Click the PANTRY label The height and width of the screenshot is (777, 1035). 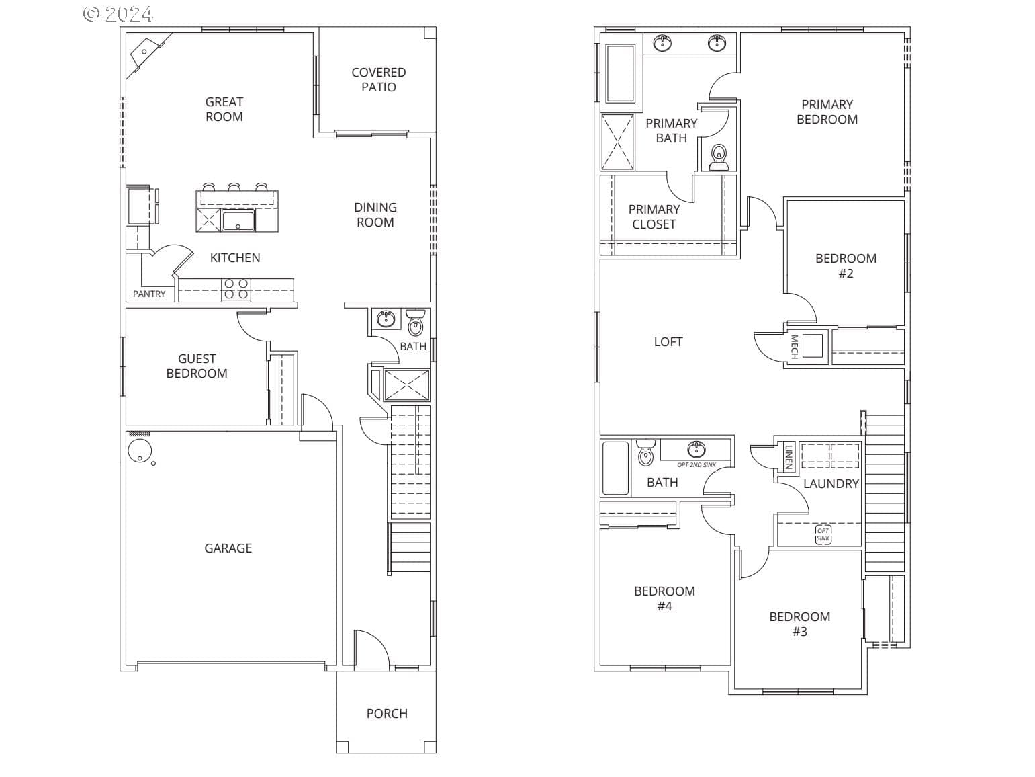click(x=149, y=294)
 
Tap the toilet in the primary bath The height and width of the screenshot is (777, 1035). click(x=719, y=157)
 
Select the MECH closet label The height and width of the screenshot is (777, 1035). click(x=794, y=346)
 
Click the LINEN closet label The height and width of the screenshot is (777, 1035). click(x=789, y=456)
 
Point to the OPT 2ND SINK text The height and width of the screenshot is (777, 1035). click(x=696, y=464)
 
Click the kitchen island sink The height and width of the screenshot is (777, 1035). click(x=238, y=220)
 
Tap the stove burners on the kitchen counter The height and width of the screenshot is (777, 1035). click(x=236, y=289)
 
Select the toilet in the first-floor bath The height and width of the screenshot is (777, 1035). click(x=415, y=322)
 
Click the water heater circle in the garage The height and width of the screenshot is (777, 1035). click(x=140, y=451)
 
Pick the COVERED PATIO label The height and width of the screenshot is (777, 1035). click(x=379, y=80)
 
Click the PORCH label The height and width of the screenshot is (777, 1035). click(x=387, y=713)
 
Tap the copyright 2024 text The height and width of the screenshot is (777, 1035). click(x=118, y=13)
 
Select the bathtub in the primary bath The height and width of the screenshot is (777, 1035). click(x=620, y=73)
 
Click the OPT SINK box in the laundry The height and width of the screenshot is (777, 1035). click(x=823, y=534)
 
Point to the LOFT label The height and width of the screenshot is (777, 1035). click(x=668, y=341)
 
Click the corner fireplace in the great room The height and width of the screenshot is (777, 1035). click(x=147, y=53)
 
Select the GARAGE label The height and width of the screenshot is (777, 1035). click(x=228, y=548)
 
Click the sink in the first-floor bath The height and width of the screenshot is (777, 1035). click(x=386, y=319)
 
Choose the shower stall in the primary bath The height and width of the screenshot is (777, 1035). click(x=618, y=142)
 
